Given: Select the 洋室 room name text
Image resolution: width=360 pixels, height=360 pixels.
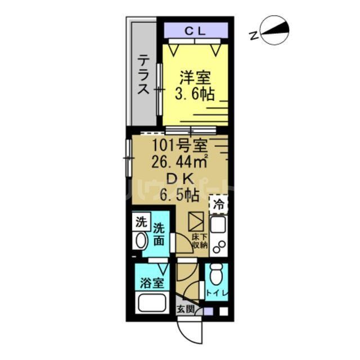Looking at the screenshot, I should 192,77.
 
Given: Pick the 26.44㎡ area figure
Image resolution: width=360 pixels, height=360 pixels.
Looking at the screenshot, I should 178,163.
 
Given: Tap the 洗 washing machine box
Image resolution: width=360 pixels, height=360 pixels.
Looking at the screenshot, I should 141,222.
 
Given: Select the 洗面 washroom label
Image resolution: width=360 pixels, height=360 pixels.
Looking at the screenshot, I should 160,235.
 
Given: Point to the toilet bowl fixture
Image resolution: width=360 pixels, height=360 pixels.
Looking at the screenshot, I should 215,275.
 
